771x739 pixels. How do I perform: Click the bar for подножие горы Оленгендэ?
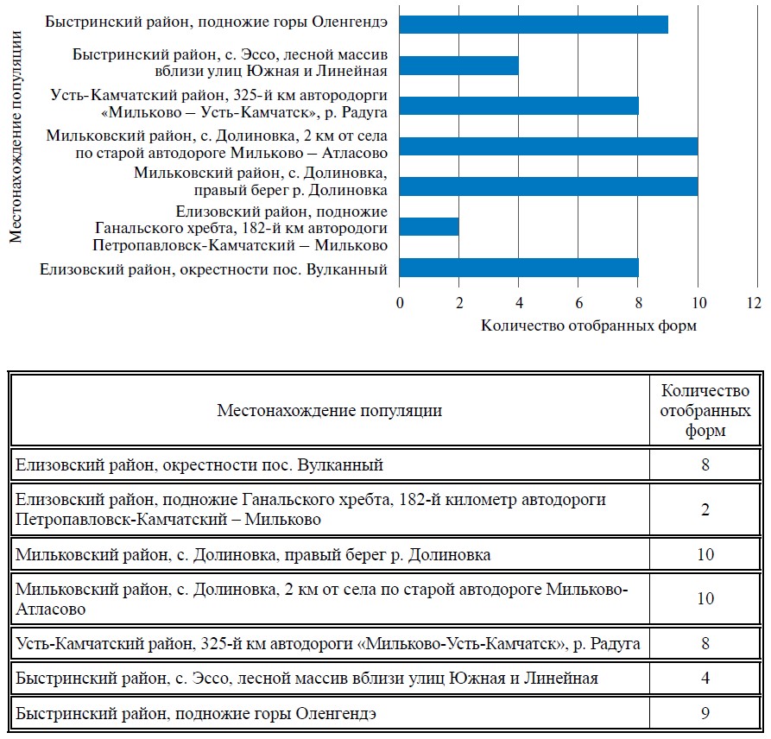pos(534,23)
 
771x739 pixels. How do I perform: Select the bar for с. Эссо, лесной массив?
pos(458,65)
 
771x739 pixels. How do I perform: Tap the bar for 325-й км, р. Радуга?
pos(519,105)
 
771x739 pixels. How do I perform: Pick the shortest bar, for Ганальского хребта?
pos(429,226)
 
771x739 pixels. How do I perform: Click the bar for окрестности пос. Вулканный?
pos(519,267)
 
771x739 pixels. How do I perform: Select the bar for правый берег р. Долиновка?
pos(548,186)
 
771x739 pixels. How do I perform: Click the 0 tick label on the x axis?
pos(400,303)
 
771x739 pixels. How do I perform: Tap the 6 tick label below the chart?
pos(578,303)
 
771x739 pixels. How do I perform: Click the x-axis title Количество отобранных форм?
pos(576,326)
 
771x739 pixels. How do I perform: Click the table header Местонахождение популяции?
pos(329,410)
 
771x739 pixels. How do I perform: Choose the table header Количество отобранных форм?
pos(705,410)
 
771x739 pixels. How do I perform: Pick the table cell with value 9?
pos(705,714)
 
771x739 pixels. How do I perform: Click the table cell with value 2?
pos(705,510)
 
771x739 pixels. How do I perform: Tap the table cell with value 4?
pos(705,678)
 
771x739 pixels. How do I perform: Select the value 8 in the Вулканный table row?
pos(705,465)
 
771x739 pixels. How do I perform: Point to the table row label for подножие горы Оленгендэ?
pos(197,714)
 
